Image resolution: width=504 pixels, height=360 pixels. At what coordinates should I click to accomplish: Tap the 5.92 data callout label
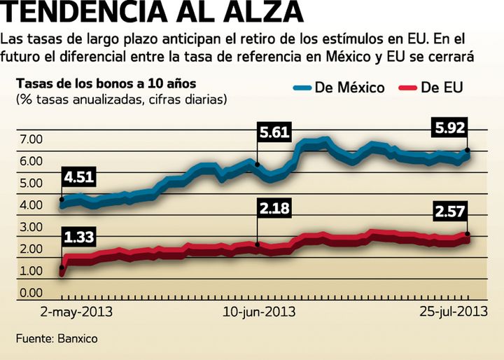[x=450, y=127]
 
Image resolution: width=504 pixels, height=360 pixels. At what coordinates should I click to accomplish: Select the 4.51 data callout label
[x=78, y=176]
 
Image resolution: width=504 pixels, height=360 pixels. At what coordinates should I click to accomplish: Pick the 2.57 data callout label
[x=450, y=210]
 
